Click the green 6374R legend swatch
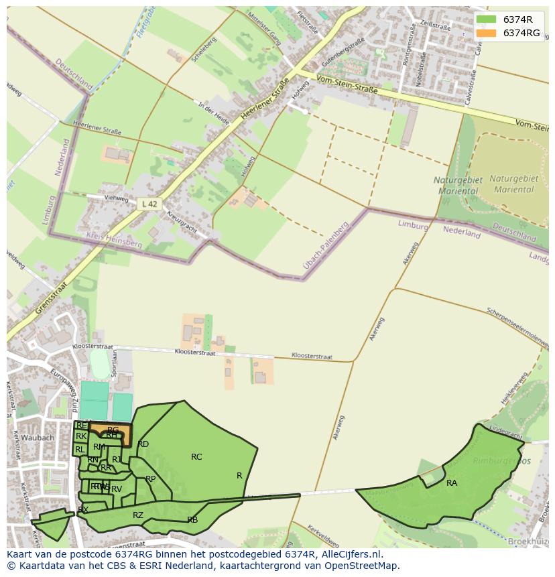[x=487, y=20]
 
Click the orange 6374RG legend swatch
[x=487, y=33]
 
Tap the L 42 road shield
[x=149, y=204]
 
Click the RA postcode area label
[x=452, y=483]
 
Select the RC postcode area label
[x=196, y=457]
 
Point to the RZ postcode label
[x=138, y=515]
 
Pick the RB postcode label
[x=192, y=519]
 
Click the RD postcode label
[x=143, y=444]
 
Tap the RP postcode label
[x=150, y=478]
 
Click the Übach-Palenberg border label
[x=326, y=247]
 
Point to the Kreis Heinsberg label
[x=114, y=240]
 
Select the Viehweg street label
[x=116, y=198]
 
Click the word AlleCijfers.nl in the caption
[x=351, y=554]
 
